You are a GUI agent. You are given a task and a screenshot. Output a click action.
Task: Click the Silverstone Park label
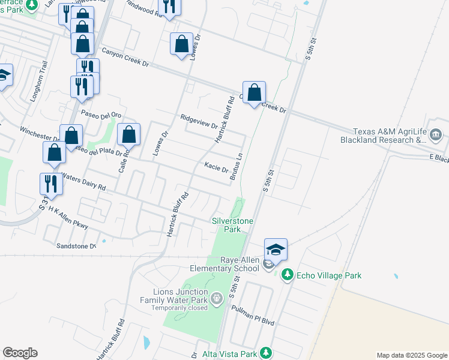pos(232,225)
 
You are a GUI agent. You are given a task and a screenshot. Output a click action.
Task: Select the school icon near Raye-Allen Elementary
pos(276,250)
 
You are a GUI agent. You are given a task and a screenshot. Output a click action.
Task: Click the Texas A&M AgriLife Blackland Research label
pos(389,136)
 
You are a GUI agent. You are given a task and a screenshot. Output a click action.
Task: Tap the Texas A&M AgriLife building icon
pos(436,136)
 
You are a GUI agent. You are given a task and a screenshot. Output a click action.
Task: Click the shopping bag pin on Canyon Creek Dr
pos(255,93)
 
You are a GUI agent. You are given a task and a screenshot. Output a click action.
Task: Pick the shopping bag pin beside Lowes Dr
pos(181,44)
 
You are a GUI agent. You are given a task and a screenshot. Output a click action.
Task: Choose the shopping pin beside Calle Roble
pos(129,134)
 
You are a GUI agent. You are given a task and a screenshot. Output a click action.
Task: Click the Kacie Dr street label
pos(216,166)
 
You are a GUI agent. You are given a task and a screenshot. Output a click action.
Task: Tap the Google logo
pos(20,353)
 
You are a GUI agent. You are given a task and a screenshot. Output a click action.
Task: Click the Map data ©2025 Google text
pos(411,355)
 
